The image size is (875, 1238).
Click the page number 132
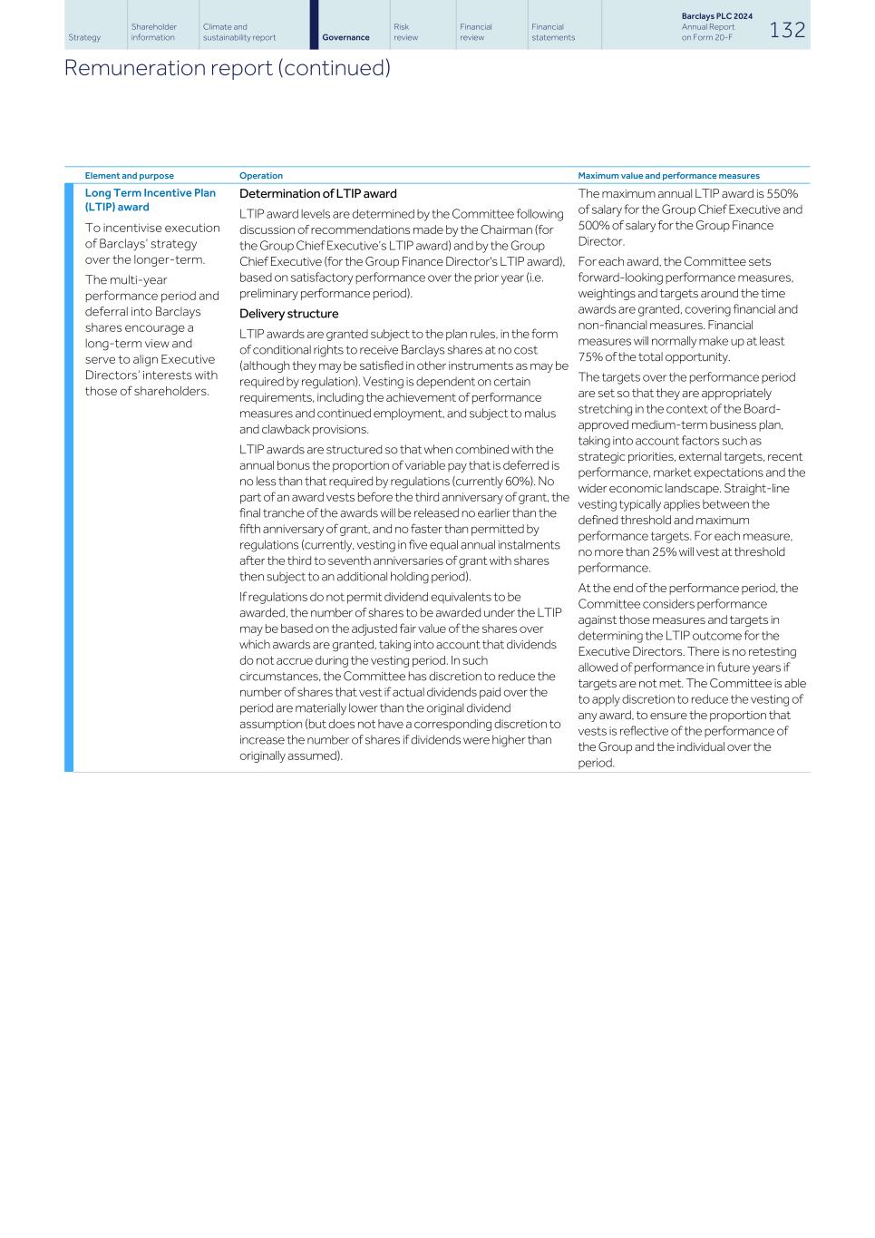coord(787,30)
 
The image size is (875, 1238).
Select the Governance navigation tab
coord(345,37)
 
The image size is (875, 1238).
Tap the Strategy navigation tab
coord(84,37)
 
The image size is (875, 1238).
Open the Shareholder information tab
coord(153,32)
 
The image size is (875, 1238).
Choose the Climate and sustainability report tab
coord(239,32)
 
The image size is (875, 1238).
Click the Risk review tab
coord(405,32)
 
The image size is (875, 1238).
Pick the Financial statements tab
coord(553,32)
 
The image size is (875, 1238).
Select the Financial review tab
coord(475,32)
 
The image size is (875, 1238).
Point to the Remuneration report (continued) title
coord(227,68)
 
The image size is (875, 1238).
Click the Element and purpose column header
coord(129,176)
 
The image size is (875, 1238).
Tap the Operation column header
coord(261,176)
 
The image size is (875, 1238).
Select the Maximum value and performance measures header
coord(668,176)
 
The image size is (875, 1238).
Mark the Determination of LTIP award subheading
coord(317,193)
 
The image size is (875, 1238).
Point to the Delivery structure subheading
coord(288,314)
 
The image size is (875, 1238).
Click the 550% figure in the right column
coord(782,193)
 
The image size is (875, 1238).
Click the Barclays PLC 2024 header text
coord(716,16)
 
